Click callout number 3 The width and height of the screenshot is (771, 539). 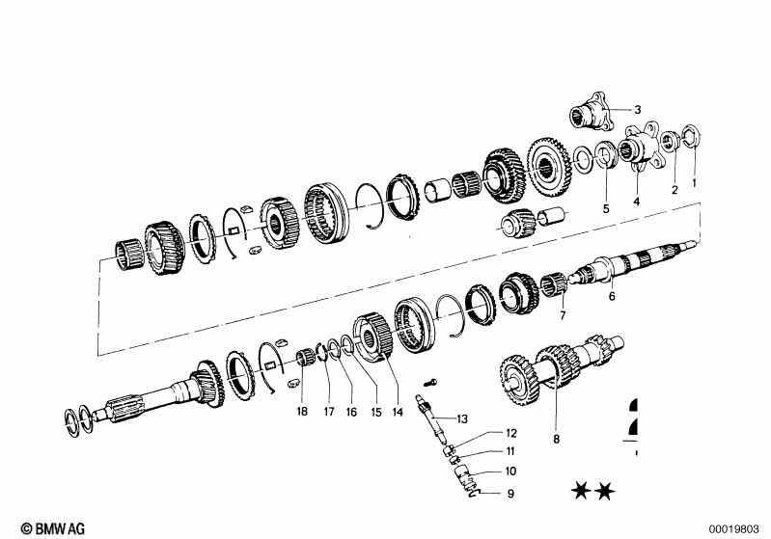[638, 109]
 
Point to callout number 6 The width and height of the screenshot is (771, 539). [611, 297]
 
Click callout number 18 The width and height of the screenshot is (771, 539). [302, 412]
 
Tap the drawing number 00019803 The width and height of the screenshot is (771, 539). [737, 527]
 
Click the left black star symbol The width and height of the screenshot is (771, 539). [581, 494]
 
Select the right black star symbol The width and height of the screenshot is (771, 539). [605, 494]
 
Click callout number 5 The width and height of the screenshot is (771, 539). [606, 207]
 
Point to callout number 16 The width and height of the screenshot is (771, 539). [351, 412]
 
